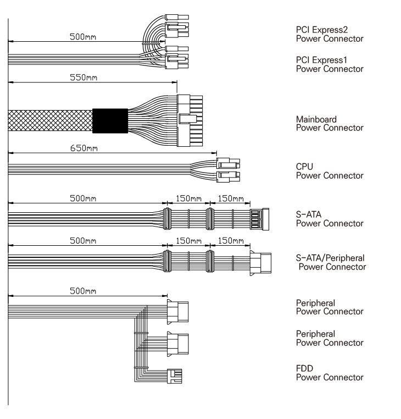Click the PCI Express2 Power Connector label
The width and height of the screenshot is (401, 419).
[x=330, y=34]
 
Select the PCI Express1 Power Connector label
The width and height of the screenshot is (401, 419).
[x=330, y=64]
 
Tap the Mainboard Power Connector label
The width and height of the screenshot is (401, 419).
[x=330, y=123]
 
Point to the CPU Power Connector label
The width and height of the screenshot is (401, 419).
[x=330, y=170]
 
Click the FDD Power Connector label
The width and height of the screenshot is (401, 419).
[x=330, y=372]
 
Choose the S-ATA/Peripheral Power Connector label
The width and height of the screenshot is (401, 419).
[x=331, y=262]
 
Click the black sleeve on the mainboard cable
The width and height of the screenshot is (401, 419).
[x=110, y=121]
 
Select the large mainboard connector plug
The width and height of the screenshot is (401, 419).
[x=190, y=120]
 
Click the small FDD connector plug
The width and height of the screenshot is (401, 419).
[x=174, y=376]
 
